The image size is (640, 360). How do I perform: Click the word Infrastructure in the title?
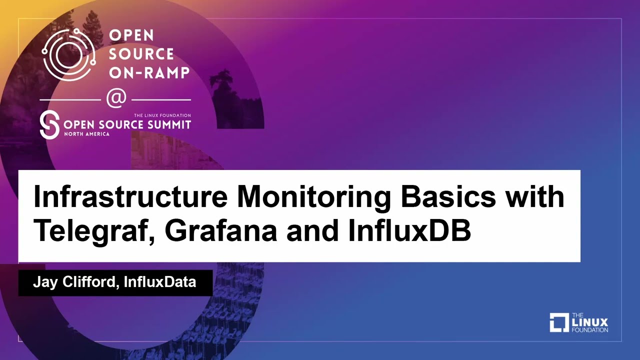click(x=130, y=197)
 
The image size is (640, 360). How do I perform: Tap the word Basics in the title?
click(x=449, y=197)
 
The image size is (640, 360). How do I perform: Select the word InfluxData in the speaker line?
click(x=159, y=282)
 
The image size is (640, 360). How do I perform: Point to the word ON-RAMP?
click(x=149, y=72)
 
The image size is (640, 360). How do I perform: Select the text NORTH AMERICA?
click(x=87, y=134)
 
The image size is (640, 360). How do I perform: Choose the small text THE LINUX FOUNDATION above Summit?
click(x=162, y=115)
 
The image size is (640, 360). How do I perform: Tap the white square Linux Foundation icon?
click(x=559, y=322)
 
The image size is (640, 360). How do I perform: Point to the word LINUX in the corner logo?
click(x=589, y=322)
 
